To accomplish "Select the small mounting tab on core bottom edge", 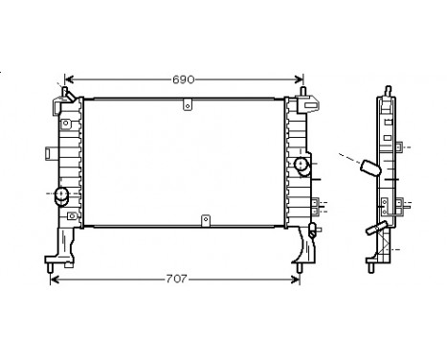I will click(204, 221).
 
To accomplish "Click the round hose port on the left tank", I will click(63, 196).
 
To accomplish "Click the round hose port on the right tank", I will click(303, 167).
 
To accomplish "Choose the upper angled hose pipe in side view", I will click(369, 169).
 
